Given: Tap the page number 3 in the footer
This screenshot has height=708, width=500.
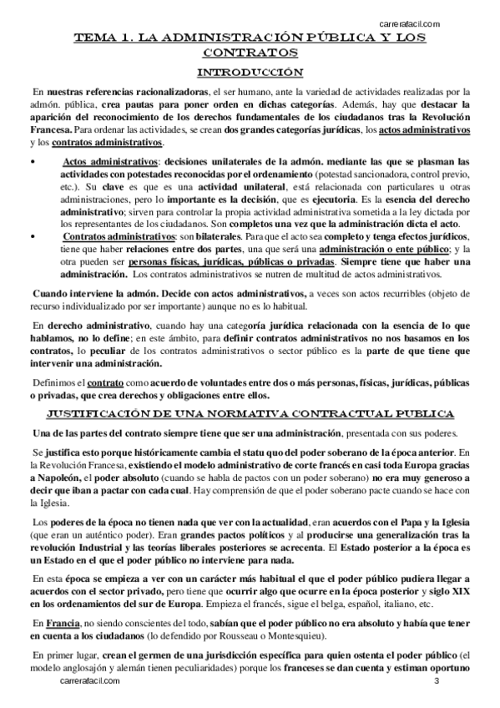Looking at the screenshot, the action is click(x=437, y=682).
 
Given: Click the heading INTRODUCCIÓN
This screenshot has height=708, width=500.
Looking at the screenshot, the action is click(x=250, y=72).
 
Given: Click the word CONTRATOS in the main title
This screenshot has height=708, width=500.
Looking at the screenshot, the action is click(x=250, y=54).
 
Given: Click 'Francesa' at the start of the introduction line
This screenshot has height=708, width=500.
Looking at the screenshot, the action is click(x=49, y=129).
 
